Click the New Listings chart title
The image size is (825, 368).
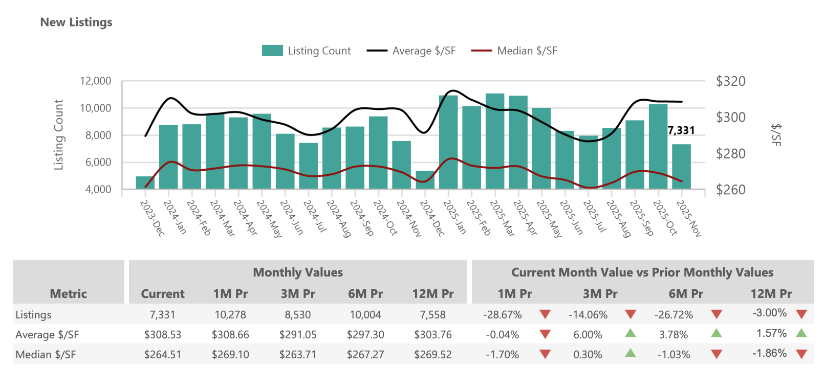[76, 22]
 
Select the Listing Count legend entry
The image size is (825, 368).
[306, 51]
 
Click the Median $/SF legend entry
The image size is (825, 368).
[514, 51]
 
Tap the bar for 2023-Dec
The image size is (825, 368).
[145, 183]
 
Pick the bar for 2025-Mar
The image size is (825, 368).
[495, 142]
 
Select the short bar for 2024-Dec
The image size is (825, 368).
[425, 180]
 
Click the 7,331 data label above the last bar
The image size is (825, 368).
[681, 130]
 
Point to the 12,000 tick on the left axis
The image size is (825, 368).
[95, 81]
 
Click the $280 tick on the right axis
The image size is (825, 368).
[730, 153]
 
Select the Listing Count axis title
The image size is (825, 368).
[59, 134]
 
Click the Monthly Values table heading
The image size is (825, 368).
[298, 272]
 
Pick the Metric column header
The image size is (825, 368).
[68, 294]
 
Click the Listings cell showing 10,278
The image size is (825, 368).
[230, 315]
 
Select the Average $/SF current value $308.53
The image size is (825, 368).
[163, 335]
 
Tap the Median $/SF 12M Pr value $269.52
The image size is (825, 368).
[433, 355]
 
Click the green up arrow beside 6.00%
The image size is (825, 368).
[631, 333]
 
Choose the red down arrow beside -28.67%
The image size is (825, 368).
[545, 314]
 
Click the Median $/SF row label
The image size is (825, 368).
[46, 355]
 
